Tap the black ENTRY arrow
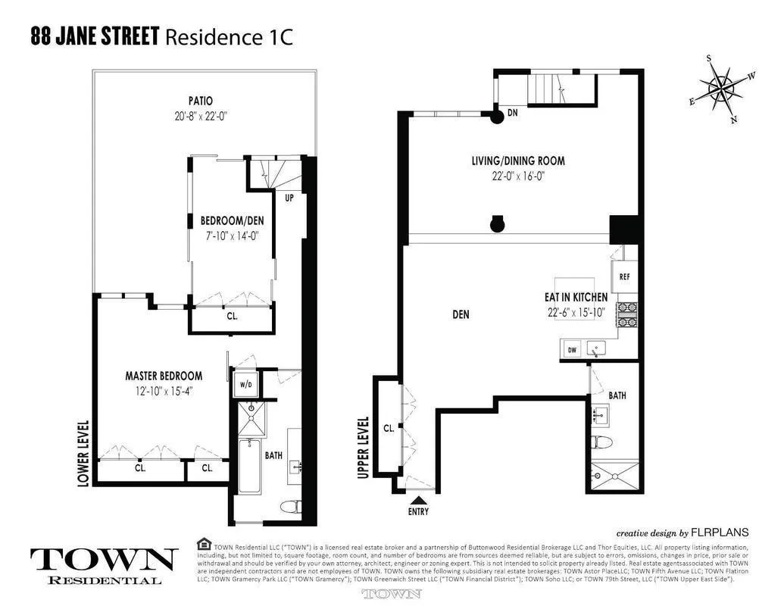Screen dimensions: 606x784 (417, 499)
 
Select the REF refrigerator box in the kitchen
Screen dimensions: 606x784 (624, 277)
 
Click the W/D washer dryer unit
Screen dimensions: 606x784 (245, 385)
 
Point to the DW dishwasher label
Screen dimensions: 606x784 (573, 350)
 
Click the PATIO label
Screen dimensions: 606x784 (200, 101)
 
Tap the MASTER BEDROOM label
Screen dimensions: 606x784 (164, 376)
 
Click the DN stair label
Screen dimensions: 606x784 (513, 113)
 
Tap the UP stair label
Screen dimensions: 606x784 (289, 198)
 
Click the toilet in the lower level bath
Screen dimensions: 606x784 (290, 506)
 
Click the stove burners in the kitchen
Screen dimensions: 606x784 (628, 313)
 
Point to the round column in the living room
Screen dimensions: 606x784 (497, 224)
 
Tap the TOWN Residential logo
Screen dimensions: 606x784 (104, 565)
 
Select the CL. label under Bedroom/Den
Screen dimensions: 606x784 (232, 316)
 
